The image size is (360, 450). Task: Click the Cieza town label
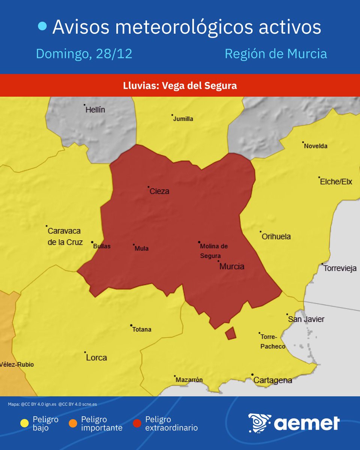pos(159,191)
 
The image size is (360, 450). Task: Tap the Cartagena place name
pos(273,380)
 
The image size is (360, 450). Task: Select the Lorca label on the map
pos(96,357)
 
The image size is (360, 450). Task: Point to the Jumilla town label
pos(183,119)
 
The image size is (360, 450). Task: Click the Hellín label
pos(95,110)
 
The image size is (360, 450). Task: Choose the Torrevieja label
pos(340,268)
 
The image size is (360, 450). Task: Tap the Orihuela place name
pos(276,237)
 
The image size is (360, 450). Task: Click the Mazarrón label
pos(189,380)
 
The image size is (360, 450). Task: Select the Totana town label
pos(142,329)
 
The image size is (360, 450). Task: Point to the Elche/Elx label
pos(336,182)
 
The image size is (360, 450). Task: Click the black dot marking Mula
pos(133,245)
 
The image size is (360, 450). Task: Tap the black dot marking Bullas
pos(92,242)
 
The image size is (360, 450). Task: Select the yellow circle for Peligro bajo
pos(25,423)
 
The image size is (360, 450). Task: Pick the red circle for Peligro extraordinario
pos(137,423)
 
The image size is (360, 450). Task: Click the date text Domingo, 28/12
pos(84,54)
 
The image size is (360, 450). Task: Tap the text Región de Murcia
pos(276,54)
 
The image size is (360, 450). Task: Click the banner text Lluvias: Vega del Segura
pos(180,85)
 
